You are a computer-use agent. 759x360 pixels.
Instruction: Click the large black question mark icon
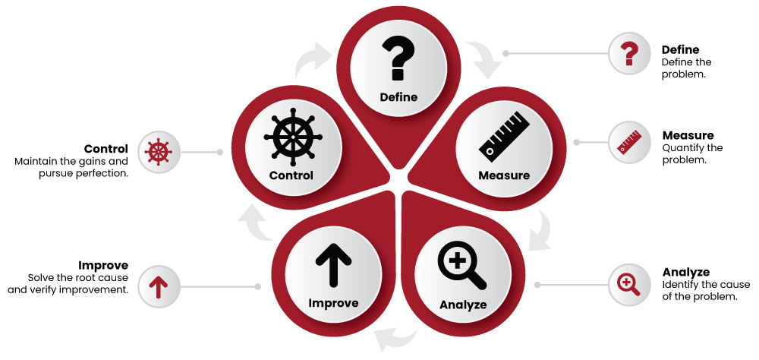coord(398,60)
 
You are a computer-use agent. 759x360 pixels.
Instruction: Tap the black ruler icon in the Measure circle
coord(503,136)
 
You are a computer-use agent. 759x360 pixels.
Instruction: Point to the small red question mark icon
coord(628,53)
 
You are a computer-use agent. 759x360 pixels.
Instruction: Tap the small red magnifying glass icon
coord(629,285)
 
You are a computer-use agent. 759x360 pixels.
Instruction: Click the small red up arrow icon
coord(159,286)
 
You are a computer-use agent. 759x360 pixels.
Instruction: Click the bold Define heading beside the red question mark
coord(680,49)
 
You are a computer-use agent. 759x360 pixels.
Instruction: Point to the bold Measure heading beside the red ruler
coord(688,136)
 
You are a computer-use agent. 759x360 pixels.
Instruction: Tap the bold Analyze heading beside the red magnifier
coord(685,272)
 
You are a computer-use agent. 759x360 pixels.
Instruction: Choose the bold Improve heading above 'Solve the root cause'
coord(103,266)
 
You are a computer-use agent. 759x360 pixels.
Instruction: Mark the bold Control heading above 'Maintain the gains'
coord(106,149)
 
